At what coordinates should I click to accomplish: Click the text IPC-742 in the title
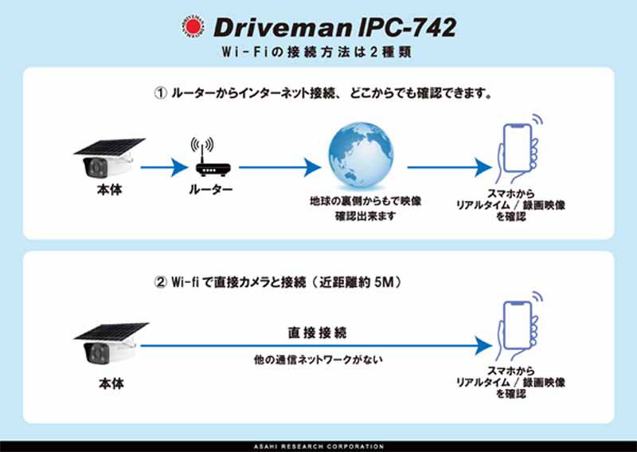pos(406,28)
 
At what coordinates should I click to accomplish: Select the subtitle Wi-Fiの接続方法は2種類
pos(318,53)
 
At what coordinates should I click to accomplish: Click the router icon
pos(211,161)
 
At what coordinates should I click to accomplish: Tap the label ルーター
pos(211,191)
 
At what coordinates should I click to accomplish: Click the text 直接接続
pos(317,331)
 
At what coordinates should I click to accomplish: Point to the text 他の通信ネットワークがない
pos(318,360)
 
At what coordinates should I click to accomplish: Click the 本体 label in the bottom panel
pos(110,383)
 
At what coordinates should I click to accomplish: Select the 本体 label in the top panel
pos(110,192)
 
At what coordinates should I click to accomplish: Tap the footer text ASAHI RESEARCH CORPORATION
pos(318,446)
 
